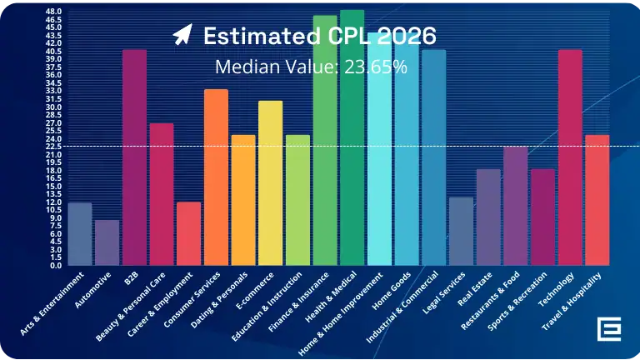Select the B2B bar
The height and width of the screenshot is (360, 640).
pyautogui.click(x=134, y=157)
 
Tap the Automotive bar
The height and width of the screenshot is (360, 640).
pyautogui.click(x=107, y=242)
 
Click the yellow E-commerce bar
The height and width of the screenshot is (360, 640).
pyautogui.click(x=270, y=182)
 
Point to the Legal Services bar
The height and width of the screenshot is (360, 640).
pyautogui.click(x=460, y=231)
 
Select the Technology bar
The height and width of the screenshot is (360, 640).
pyautogui.click(x=569, y=157)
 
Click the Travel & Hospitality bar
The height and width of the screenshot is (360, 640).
pyautogui.click(x=597, y=200)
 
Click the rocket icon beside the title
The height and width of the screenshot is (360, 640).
pyautogui.click(x=182, y=35)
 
